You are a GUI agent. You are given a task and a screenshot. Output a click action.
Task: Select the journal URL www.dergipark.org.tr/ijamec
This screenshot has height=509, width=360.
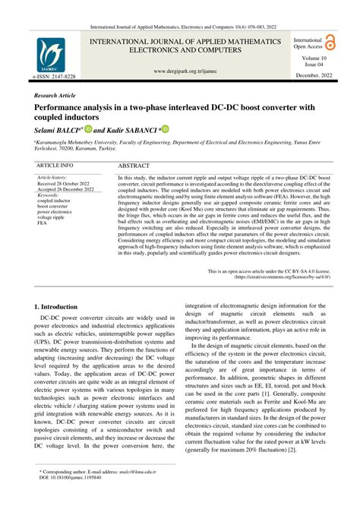pos(180,71)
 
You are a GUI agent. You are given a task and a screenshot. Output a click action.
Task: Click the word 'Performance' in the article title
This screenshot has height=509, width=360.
pos(62,110)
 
